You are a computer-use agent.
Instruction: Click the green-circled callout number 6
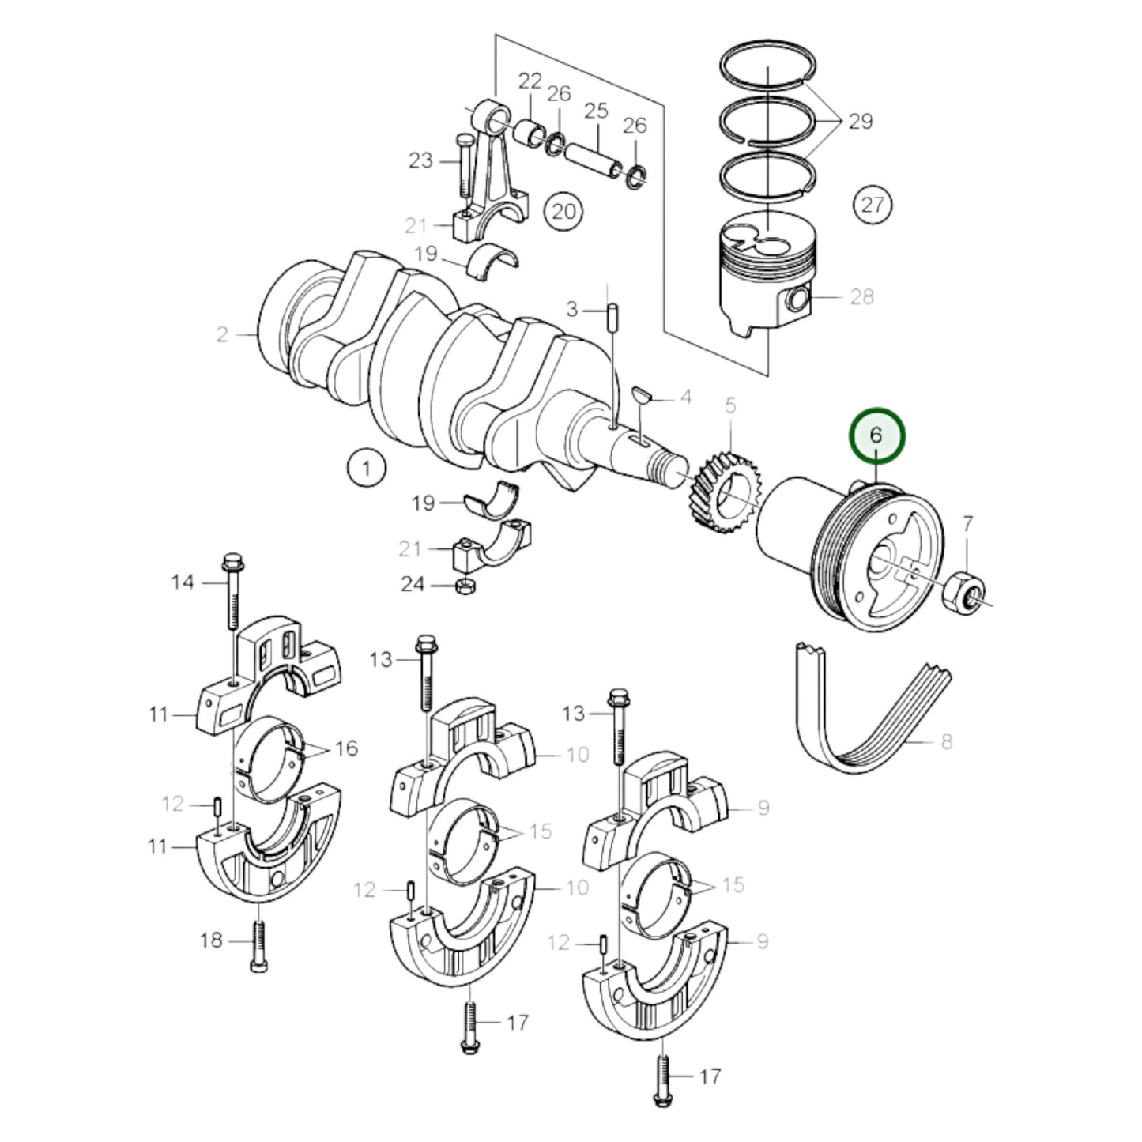click(876, 435)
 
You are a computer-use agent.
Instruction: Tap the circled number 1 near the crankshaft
click(365, 468)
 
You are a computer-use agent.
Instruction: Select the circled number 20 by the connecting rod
click(563, 211)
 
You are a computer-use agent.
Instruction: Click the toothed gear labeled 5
click(719, 491)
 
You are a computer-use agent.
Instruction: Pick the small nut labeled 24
click(465, 586)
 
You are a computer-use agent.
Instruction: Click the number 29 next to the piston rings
click(860, 121)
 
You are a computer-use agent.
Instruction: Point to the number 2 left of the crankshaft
click(222, 334)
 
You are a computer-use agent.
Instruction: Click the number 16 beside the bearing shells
click(346, 748)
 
